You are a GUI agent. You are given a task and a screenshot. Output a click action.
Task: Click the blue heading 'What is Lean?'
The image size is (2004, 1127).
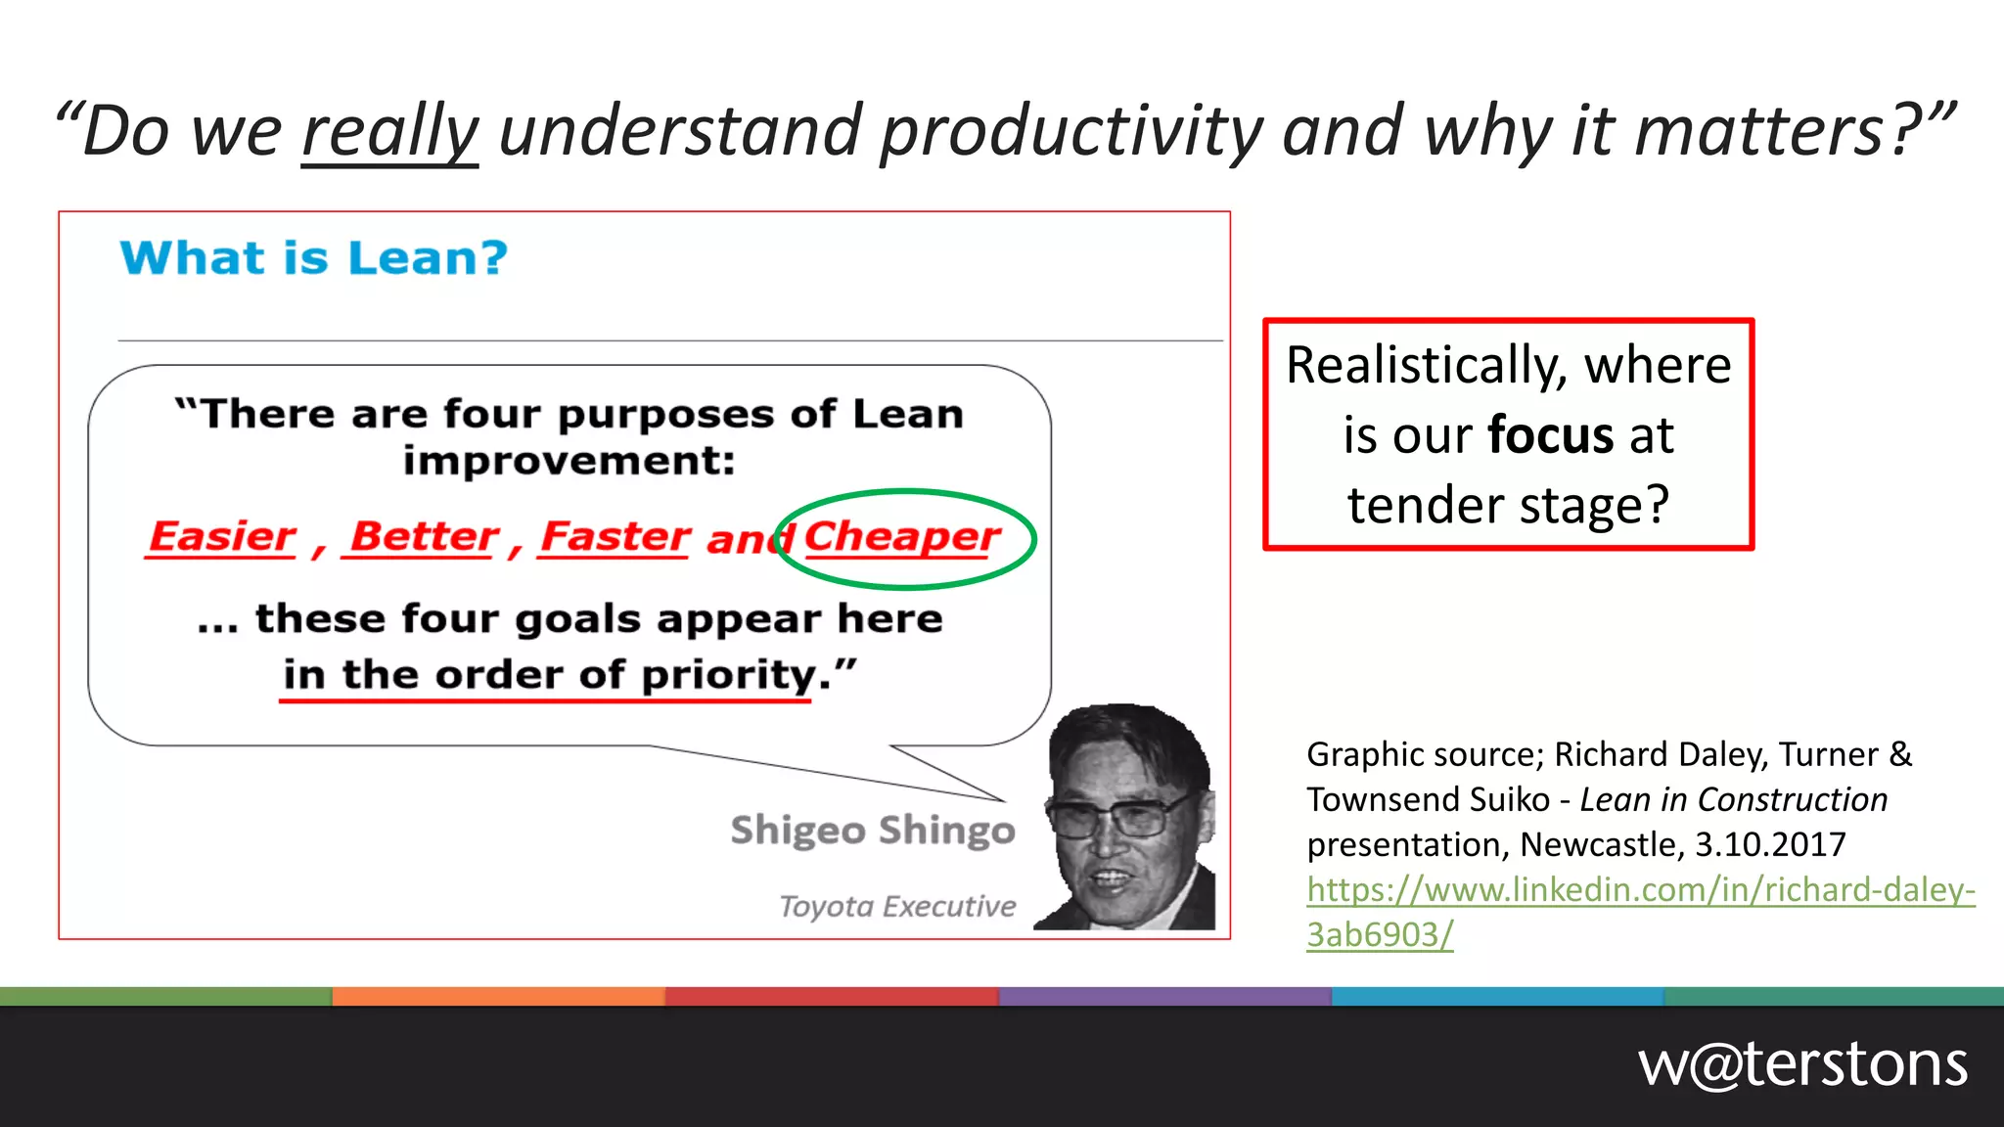pyautogui.click(x=314, y=258)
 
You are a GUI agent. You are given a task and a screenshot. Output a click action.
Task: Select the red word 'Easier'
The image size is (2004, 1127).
pyautogui.click(x=222, y=536)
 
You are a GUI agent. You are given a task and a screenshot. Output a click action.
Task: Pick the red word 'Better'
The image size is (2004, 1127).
pyautogui.click(x=424, y=536)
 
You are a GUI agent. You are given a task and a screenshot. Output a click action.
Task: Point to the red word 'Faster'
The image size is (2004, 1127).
pyautogui.click(x=615, y=536)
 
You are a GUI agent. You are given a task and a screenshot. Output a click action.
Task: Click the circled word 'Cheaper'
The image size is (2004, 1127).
pyautogui.click(x=901, y=537)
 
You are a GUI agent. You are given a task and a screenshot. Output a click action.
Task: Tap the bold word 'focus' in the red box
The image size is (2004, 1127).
pyautogui.click(x=1550, y=435)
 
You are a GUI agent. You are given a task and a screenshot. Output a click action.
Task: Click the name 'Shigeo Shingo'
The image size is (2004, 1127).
pyautogui.click(x=873, y=830)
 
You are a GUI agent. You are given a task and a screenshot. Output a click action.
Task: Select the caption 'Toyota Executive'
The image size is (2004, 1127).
pyautogui.click(x=897, y=906)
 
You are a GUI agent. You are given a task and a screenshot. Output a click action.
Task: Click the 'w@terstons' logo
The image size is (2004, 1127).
pyautogui.click(x=1802, y=1064)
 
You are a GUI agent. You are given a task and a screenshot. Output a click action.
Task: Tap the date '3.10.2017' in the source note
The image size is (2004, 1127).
pyautogui.click(x=1770, y=844)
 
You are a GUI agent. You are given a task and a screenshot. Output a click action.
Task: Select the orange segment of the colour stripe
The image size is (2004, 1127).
pyautogui.click(x=499, y=996)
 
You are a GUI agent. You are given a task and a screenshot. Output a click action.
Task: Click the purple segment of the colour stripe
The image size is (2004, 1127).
pyautogui.click(x=1164, y=996)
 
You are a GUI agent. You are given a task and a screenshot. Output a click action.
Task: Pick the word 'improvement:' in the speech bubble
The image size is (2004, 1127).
pyautogui.click(x=569, y=461)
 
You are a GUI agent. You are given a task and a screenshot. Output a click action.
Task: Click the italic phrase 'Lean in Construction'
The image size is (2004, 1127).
pyautogui.click(x=1733, y=799)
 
